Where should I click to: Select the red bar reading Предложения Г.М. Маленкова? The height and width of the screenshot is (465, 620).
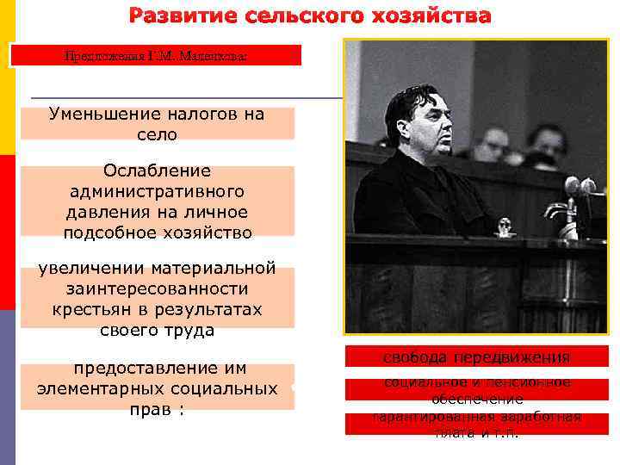pyautogui.click(x=156, y=56)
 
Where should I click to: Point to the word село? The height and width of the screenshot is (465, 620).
pyautogui.click(x=157, y=134)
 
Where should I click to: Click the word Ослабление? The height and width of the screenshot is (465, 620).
pyautogui.click(x=157, y=171)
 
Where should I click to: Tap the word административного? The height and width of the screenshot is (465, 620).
pyautogui.click(x=157, y=191)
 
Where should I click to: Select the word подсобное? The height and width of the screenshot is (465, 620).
pyautogui.click(x=104, y=232)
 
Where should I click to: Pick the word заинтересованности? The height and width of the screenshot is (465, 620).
pyautogui.click(x=157, y=288)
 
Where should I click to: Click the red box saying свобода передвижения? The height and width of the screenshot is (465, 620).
pyautogui.click(x=476, y=357)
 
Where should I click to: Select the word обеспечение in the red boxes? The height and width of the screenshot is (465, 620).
pyautogui.click(x=476, y=400)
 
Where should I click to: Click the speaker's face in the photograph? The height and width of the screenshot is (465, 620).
pyautogui.click(x=426, y=125)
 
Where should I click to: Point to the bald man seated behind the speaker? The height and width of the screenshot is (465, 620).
pyautogui.click(x=494, y=143)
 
